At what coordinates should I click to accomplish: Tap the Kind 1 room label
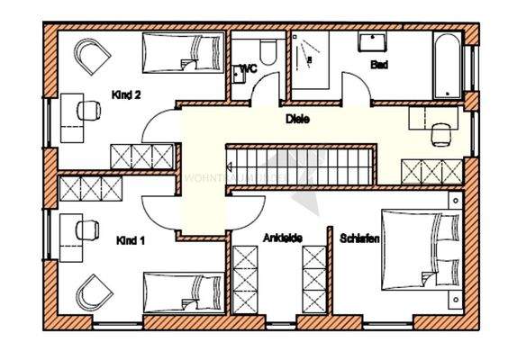132,240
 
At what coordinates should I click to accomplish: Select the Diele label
297,118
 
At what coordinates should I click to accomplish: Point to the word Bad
379,65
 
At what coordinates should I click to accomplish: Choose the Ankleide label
282,238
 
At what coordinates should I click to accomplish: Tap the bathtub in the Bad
446,65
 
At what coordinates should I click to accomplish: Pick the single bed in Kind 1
184,292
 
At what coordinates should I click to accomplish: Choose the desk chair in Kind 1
87,229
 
